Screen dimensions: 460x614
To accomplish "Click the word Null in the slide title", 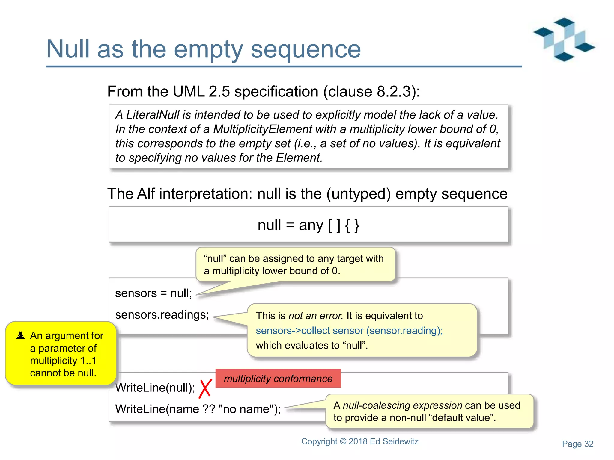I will [x=68, y=49].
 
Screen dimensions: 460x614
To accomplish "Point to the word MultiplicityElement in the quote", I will [x=263, y=129].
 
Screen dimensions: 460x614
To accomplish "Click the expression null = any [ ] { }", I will [x=308, y=225].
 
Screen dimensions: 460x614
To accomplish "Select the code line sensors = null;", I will [x=153, y=293].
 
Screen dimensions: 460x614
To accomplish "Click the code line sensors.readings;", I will [x=162, y=315].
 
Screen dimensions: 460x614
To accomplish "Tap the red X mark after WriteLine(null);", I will [x=205, y=388].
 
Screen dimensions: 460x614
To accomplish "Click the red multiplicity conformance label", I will [x=278, y=379].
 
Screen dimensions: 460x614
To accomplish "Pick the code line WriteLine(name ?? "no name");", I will [x=198, y=409].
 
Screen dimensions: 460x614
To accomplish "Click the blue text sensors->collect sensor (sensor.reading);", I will [x=349, y=331].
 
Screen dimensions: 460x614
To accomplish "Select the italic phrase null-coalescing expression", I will [x=402, y=405].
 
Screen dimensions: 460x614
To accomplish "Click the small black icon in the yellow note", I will [x=20, y=335].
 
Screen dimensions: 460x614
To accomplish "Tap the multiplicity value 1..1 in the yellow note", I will [x=88, y=361].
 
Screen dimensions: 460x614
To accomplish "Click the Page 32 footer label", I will [x=577, y=444].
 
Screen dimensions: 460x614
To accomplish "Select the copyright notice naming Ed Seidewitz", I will [x=360, y=441].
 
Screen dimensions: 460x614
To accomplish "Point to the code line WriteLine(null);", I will [x=155, y=388].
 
